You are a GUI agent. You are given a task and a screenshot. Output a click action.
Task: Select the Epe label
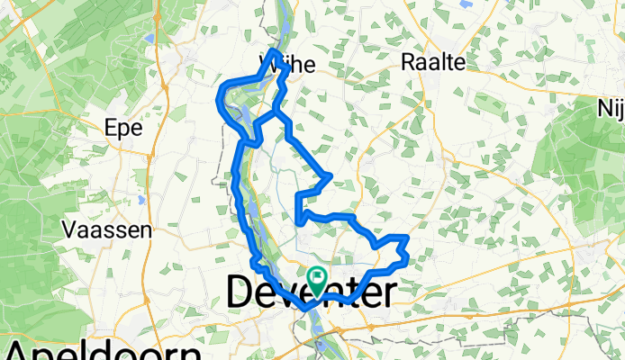click(x=124, y=128)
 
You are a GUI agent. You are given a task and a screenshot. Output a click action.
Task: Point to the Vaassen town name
click(x=107, y=229)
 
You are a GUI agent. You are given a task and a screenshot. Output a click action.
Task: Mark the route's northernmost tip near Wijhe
click(x=273, y=50)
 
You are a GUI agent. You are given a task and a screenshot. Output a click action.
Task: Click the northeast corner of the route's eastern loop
click(x=408, y=236)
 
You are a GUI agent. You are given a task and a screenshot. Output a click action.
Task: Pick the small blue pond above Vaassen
click(x=141, y=200)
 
